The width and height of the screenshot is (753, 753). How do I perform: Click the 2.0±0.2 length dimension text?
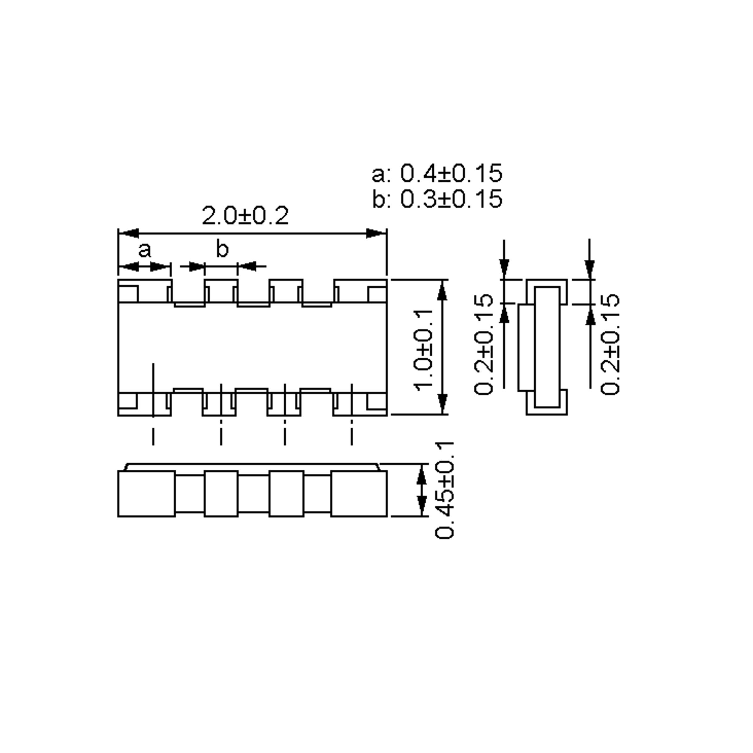(x=245, y=216)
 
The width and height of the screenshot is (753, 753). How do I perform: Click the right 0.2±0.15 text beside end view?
(x=609, y=344)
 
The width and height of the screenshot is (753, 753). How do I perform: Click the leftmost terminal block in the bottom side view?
(x=146, y=494)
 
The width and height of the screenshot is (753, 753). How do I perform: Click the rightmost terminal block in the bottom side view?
(x=359, y=494)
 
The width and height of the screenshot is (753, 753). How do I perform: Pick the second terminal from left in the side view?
(x=221, y=494)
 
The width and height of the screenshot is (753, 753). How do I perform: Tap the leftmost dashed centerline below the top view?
(x=153, y=435)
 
